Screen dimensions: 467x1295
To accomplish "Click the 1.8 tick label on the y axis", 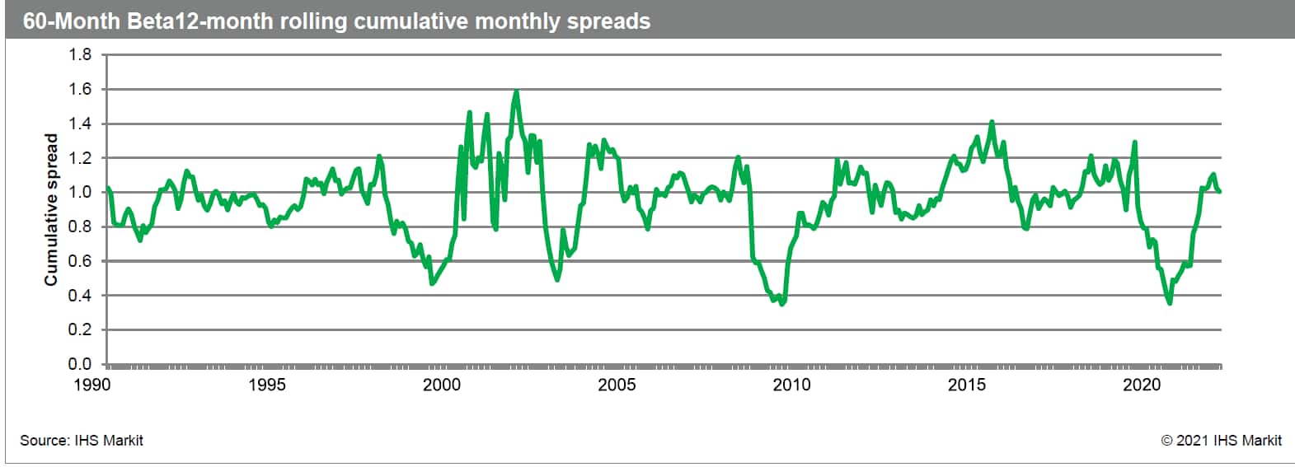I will point(80,55).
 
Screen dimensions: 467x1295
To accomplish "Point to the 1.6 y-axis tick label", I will point(80,89).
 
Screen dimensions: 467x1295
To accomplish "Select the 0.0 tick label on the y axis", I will point(80,364).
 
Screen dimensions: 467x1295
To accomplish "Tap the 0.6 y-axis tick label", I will point(80,261).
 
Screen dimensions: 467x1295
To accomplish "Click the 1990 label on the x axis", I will point(91,385).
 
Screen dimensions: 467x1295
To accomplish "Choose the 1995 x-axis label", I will point(267,385).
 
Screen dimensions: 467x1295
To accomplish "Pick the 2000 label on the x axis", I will point(442,385).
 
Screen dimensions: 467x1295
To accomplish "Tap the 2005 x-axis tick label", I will point(617,385).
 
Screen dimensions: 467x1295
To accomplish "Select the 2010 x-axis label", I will point(791,385).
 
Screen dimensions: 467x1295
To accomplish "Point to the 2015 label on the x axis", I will point(967,385).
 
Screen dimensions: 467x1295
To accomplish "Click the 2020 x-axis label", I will point(1142,385).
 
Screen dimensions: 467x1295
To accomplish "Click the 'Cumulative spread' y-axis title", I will point(51,210).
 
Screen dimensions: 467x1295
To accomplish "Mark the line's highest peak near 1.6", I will point(516,91).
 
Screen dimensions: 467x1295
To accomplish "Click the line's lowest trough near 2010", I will point(781,304).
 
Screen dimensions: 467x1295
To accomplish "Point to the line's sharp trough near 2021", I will point(1170,303).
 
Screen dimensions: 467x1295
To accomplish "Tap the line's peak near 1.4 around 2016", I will point(992,122).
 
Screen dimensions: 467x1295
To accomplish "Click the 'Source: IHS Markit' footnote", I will point(82,441).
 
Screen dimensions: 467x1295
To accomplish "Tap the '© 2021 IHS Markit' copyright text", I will point(1221,441).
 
